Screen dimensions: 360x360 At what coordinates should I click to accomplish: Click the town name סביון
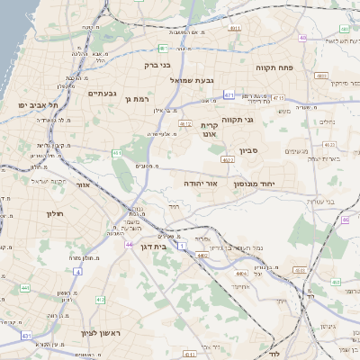(248, 151)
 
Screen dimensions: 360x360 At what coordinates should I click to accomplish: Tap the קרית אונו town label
(209, 129)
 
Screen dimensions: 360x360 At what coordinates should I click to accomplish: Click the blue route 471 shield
(229, 94)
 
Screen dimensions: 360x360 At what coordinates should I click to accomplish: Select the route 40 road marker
(303, 38)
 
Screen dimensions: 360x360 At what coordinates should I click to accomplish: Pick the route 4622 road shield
(227, 159)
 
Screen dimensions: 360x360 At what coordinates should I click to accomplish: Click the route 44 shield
(130, 244)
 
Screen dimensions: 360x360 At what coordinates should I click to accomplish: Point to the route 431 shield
(26, 336)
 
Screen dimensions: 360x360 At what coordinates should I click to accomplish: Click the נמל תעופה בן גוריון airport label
(232, 246)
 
